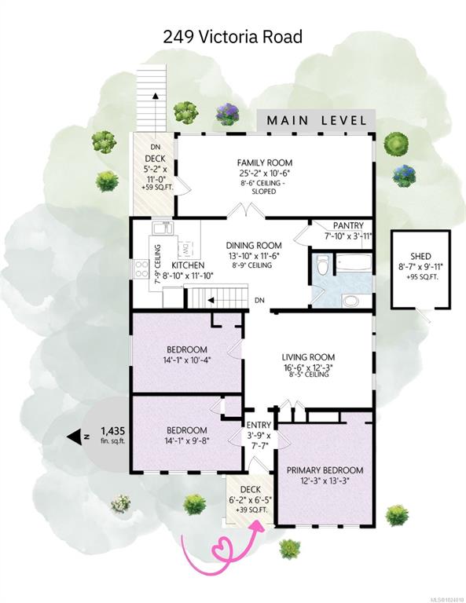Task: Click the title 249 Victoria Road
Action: point(233,36)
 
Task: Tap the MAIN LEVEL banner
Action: point(317,120)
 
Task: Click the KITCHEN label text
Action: point(189,265)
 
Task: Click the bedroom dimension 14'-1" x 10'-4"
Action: point(186,361)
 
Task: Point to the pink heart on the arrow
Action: point(226,546)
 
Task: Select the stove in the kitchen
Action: point(142,270)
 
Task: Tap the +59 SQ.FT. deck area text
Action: point(155,188)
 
